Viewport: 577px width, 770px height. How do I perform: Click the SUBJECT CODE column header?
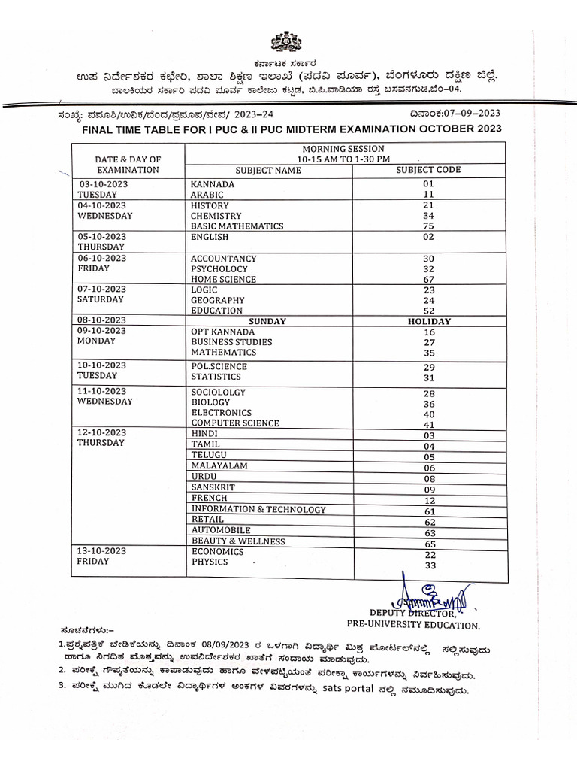click(x=428, y=170)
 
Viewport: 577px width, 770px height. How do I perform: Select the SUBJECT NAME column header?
click(x=268, y=170)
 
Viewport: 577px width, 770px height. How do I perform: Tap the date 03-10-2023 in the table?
click(x=102, y=184)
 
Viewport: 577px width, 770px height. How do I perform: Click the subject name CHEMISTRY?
click(x=216, y=216)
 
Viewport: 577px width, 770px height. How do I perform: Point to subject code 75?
click(x=428, y=226)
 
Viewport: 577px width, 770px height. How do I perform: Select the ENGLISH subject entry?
click(x=208, y=237)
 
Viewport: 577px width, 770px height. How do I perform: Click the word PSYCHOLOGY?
click(x=219, y=269)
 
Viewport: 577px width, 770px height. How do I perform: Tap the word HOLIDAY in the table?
click(x=428, y=321)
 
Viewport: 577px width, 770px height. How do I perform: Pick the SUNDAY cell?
click(x=268, y=321)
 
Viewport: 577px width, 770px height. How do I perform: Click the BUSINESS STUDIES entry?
click(x=231, y=342)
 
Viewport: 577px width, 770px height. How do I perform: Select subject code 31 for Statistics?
click(x=429, y=378)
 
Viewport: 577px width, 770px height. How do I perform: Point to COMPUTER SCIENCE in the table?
click(x=235, y=423)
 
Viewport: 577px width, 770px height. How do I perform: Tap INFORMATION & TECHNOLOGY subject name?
click(x=258, y=510)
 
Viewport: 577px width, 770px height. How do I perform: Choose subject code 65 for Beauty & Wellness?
click(x=429, y=544)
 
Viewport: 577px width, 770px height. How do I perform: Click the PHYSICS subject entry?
click(x=210, y=562)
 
